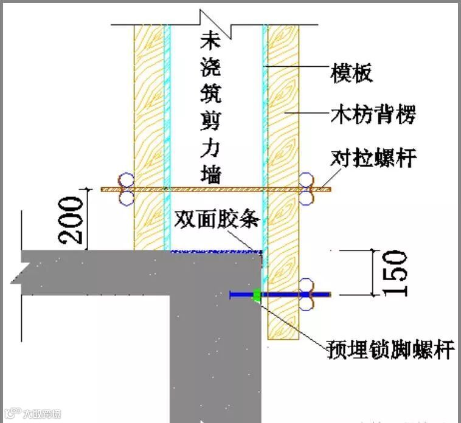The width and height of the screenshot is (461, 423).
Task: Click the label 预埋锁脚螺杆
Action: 390,350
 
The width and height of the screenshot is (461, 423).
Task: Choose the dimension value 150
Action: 396,273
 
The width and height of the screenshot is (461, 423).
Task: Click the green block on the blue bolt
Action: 257,295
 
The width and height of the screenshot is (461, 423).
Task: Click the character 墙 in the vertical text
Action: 211,174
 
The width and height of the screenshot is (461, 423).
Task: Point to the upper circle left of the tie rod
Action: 127,181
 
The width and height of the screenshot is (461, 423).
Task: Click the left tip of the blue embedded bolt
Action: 232,295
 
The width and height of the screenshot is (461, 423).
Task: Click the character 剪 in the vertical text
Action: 211,120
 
